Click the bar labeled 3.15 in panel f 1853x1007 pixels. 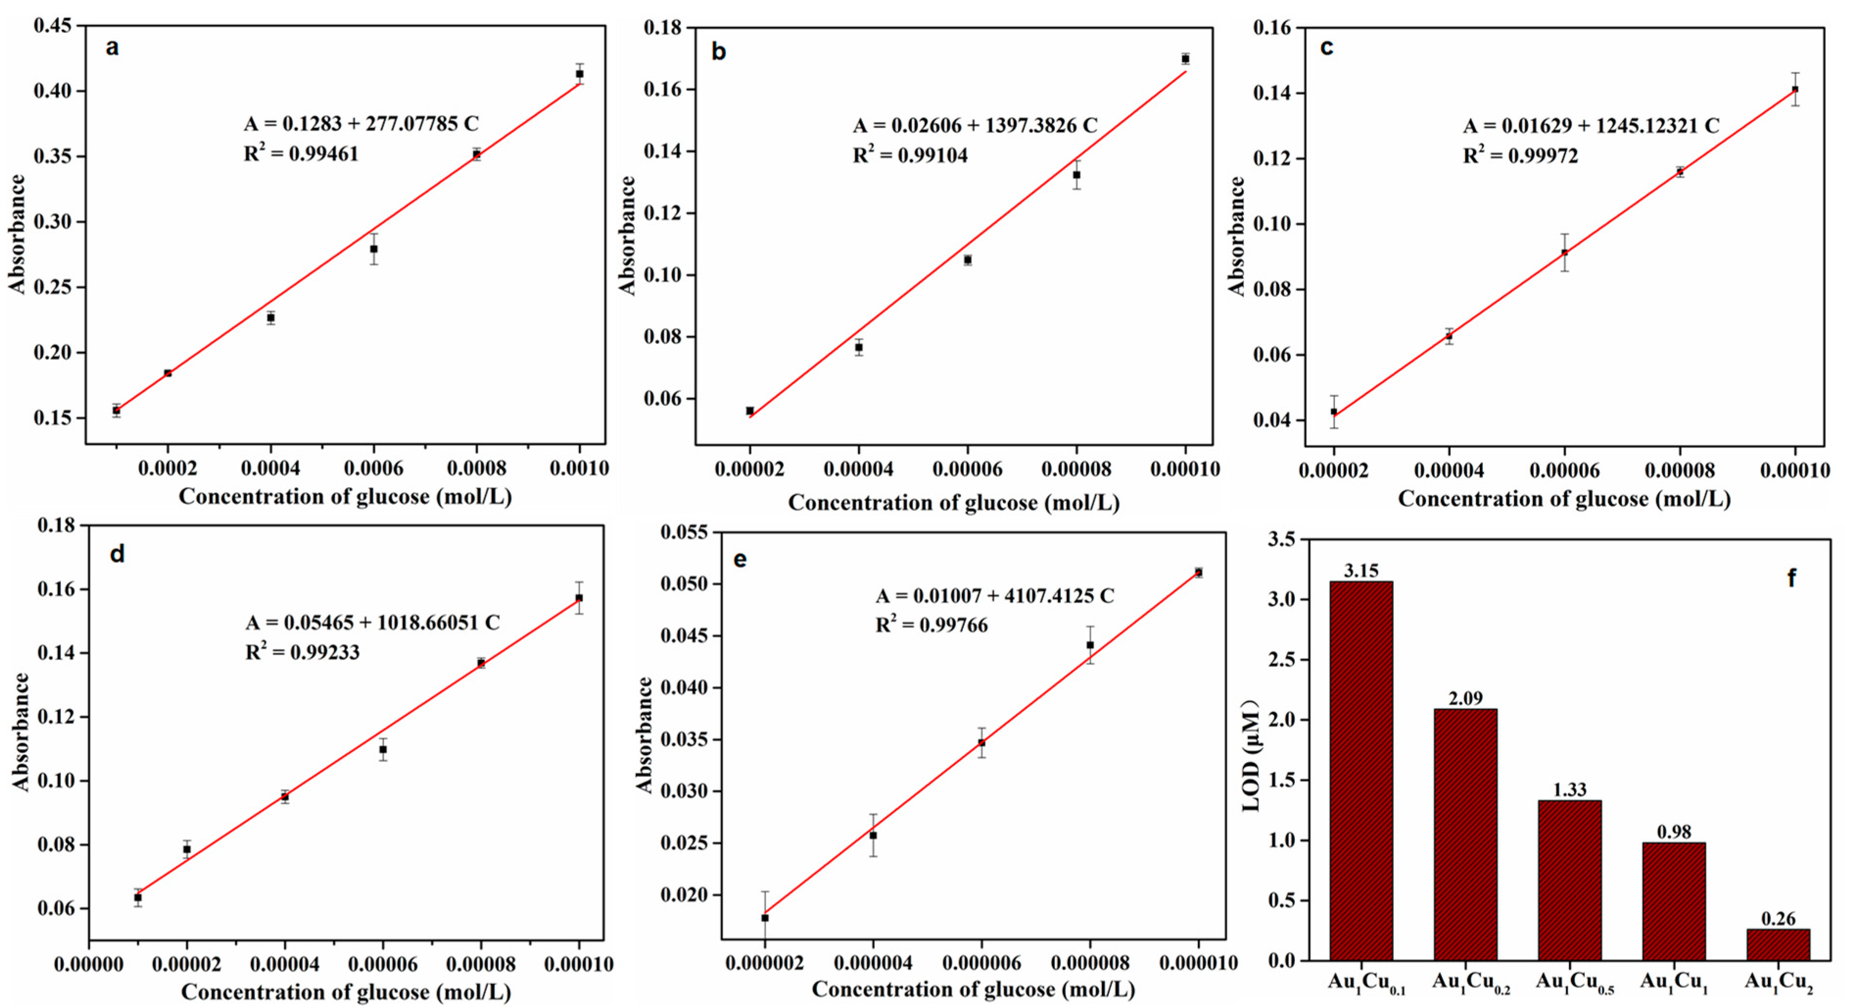[x=1360, y=770]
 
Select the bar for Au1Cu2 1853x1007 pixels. [x=1778, y=944]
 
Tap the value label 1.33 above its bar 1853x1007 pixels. [x=1569, y=789]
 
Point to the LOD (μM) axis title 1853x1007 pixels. [x=1252, y=756]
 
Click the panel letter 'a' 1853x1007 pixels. [x=112, y=48]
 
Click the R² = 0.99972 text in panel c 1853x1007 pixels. [x=1520, y=155]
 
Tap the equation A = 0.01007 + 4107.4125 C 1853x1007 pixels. [x=994, y=596]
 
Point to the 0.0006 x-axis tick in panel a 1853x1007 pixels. [x=374, y=468]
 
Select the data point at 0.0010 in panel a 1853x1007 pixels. [x=579, y=74]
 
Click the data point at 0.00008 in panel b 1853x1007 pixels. [x=1076, y=175]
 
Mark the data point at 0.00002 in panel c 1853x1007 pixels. [x=1334, y=412]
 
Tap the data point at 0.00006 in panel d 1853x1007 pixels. [x=383, y=749]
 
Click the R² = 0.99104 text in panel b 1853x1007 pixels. [x=910, y=155]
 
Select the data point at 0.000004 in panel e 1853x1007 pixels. [x=872, y=835]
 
